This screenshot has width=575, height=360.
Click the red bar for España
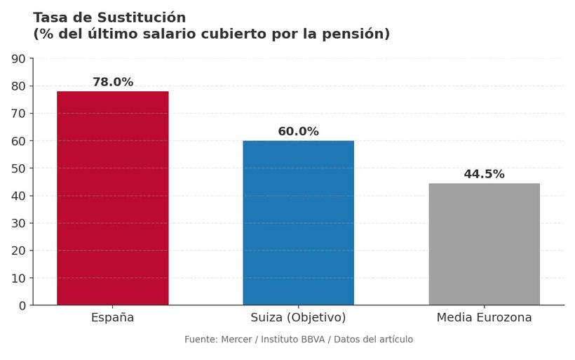point(112,198)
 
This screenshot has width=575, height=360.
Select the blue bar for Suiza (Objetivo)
point(298,222)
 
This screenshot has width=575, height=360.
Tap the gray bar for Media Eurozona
point(484,244)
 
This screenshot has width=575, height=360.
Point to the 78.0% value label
point(112,82)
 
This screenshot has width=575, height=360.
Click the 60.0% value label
point(298,132)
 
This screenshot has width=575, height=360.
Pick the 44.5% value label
point(484,174)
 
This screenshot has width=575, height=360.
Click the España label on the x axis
point(112,318)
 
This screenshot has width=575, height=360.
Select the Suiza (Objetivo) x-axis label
point(298,318)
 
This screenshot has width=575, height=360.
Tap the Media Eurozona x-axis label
point(484,318)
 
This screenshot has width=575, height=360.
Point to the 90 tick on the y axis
point(18,59)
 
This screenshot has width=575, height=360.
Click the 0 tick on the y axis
point(22,306)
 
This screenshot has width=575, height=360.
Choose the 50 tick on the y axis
point(18,168)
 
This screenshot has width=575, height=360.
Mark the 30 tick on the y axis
point(18,223)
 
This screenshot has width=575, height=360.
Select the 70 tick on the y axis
point(18,114)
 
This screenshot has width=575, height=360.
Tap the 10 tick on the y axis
point(18,279)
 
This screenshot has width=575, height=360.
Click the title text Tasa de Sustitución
point(109,18)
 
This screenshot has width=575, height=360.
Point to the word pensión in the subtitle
point(355,34)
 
